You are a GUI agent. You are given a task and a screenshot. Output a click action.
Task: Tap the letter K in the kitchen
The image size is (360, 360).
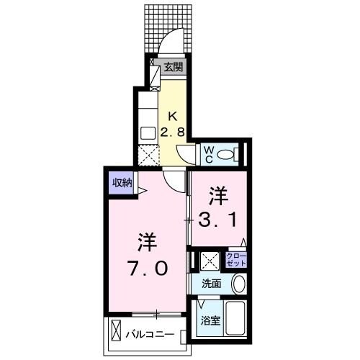(172, 115)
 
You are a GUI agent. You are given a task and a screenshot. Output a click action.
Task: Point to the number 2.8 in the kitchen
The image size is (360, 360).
(172, 132)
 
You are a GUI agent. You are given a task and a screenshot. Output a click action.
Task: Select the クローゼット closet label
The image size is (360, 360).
(235, 259)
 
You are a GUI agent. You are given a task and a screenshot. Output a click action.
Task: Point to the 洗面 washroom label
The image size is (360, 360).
(211, 283)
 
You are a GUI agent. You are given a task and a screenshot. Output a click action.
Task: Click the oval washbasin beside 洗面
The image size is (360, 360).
(240, 284)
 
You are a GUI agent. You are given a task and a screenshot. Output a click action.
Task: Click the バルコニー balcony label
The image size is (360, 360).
(149, 335)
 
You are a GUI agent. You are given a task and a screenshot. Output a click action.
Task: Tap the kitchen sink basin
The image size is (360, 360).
(147, 132)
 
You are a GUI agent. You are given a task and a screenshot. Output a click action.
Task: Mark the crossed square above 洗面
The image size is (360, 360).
(209, 261)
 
